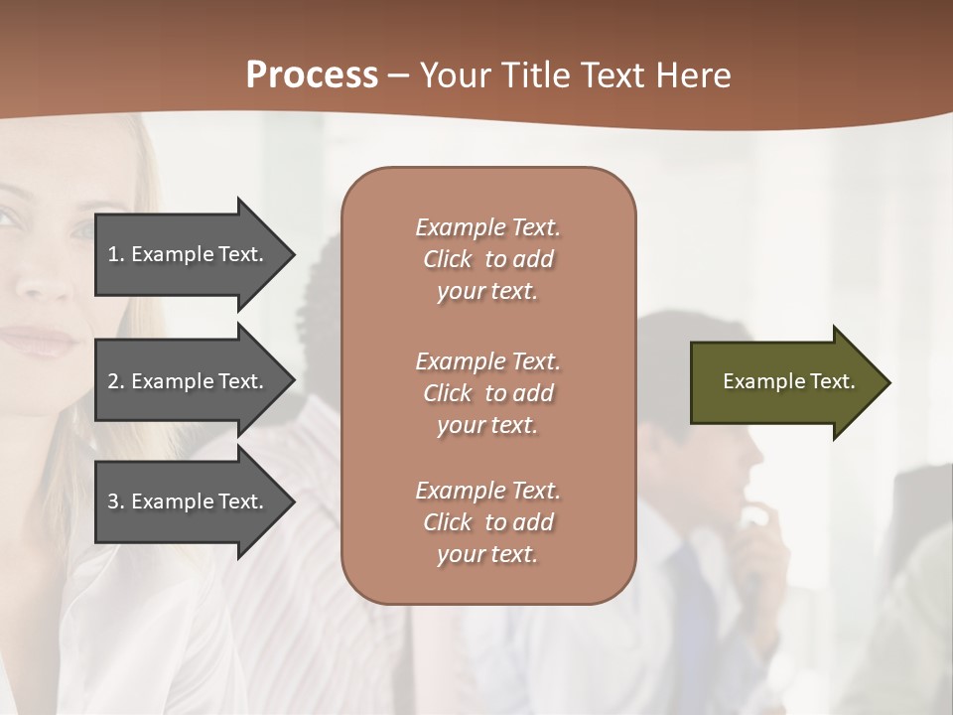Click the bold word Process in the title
click(x=312, y=75)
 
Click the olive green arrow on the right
click(x=774, y=381)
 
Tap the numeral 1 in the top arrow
click(x=113, y=254)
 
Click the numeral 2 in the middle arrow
click(x=113, y=381)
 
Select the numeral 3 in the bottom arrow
click(x=113, y=501)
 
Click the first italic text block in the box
click(x=487, y=259)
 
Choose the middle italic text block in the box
click(x=487, y=392)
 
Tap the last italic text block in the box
click(x=487, y=522)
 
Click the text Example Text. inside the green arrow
click(x=788, y=381)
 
